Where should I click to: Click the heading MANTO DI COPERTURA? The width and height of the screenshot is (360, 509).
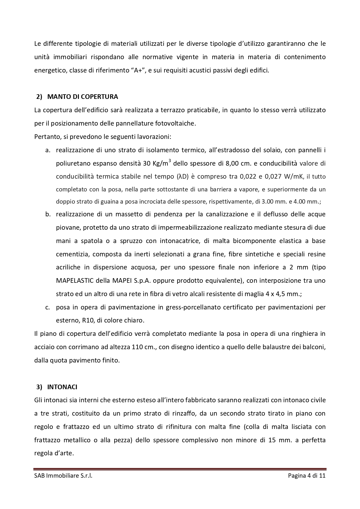point(82,97)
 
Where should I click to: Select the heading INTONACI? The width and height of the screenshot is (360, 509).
point(62,387)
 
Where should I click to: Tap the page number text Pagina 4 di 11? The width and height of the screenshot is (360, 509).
point(307,476)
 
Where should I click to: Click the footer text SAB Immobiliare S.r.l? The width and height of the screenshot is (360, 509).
point(63,476)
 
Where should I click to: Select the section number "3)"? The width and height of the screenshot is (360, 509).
point(39,387)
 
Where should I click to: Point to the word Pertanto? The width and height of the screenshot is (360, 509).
point(46,137)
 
